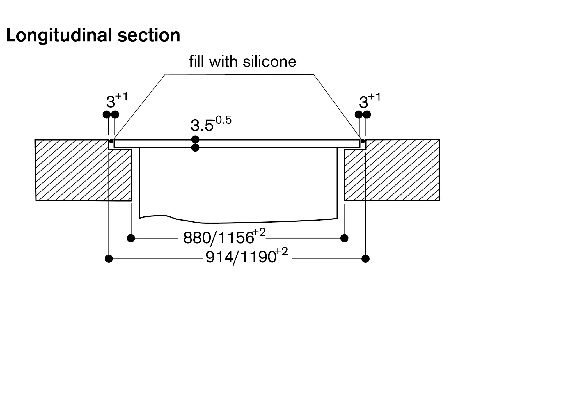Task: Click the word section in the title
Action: tap(149, 35)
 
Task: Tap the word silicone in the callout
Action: tap(269, 61)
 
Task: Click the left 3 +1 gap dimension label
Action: tap(117, 100)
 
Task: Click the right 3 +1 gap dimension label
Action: tap(370, 100)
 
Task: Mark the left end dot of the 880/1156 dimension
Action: tap(131, 238)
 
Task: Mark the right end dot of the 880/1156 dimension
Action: tap(344, 238)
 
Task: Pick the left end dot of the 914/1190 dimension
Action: tap(109, 259)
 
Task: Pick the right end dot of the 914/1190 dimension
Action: tap(365, 259)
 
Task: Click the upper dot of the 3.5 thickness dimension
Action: tap(195, 139)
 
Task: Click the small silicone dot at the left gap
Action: tap(111, 141)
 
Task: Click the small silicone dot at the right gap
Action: tap(363, 141)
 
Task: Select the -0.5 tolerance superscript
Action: tap(222, 120)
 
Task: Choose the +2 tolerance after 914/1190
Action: tap(281, 252)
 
